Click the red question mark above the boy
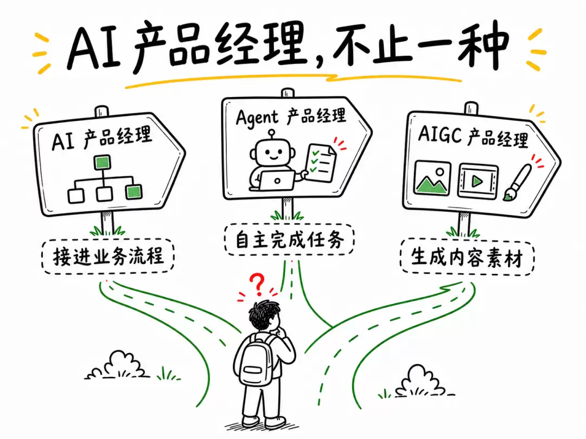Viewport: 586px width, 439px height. (x=257, y=285)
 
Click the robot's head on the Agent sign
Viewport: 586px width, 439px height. (x=272, y=152)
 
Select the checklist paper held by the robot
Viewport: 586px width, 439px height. (x=321, y=164)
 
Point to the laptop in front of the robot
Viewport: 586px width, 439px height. (x=277, y=180)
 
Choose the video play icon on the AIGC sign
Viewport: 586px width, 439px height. (x=477, y=182)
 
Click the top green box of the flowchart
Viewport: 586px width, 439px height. (x=102, y=163)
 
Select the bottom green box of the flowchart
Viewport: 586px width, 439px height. (x=133, y=192)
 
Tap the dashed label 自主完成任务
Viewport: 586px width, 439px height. (x=289, y=240)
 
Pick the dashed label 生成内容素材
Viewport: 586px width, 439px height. (x=467, y=257)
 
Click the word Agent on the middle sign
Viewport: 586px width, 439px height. (x=257, y=118)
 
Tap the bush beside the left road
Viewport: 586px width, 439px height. (x=118, y=366)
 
